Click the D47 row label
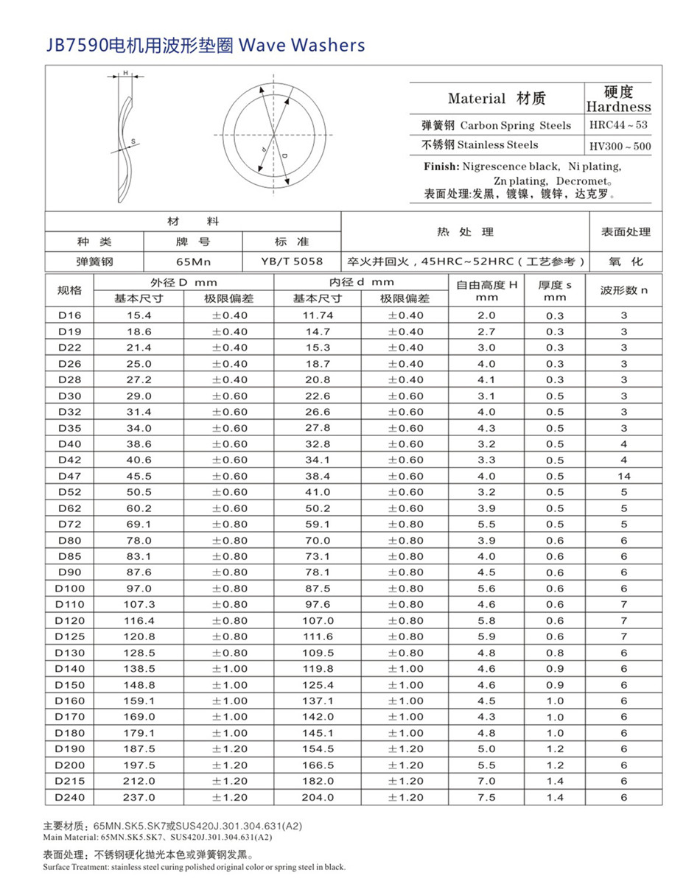[69, 477]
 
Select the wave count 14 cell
[623, 477]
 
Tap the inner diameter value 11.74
[318, 315]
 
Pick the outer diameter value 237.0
[139, 797]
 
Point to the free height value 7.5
[486, 797]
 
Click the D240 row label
[69, 797]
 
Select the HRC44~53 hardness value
[618, 125]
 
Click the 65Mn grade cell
[194, 262]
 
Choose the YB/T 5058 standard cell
[292, 262]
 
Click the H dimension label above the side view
[125, 73]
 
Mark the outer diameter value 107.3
[139, 605]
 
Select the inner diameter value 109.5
[318, 653]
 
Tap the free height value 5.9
[486, 636]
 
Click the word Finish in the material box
[441, 166]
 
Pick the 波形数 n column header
[623, 290]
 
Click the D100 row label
[69, 589]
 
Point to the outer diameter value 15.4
[139, 315]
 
